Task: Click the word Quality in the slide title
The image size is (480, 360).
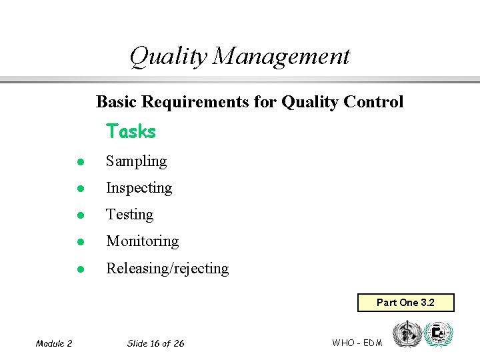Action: [x=168, y=56]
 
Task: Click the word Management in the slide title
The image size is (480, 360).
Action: [x=281, y=56]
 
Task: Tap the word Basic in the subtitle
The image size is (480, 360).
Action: [x=115, y=102]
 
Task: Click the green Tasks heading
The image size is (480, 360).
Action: [x=131, y=131]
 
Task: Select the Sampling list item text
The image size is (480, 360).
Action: [x=136, y=161]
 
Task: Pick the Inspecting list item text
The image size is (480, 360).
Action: [x=139, y=188]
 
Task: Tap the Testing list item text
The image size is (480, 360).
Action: [x=129, y=215]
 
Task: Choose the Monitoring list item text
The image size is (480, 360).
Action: [x=142, y=241]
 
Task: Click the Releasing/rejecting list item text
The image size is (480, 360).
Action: [x=167, y=269]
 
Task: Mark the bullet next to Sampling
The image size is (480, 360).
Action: [x=79, y=162]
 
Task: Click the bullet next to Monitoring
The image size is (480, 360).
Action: [x=79, y=242]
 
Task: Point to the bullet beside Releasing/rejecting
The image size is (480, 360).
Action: [x=79, y=269]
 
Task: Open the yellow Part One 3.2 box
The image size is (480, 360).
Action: [x=405, y=303]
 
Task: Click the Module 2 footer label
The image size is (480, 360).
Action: [x=54, y=343]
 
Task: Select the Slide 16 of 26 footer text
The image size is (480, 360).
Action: [x=155, y=343]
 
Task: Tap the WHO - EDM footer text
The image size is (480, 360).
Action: [x=357, y=343]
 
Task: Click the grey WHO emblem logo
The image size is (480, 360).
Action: [x=407, y=334]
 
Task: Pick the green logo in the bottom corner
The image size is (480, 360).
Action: [x=438, y=334]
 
